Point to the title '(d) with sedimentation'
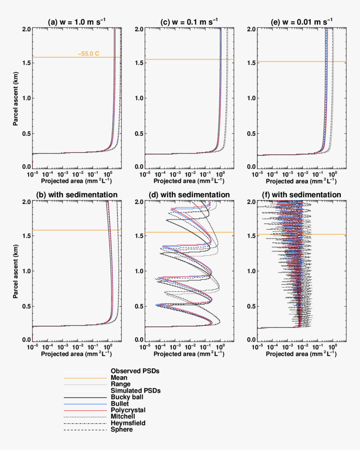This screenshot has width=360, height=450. click(189, 195)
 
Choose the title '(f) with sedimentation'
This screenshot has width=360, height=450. click(302, 195)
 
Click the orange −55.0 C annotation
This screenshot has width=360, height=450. click(88, 54)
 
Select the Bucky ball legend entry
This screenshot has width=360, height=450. click(125, 397)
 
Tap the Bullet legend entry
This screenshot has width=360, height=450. click(120, 403)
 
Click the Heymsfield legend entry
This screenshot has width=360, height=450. click(128, 423)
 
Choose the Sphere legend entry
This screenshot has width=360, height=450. click(122, 429)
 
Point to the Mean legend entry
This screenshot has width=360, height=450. click(119, 377)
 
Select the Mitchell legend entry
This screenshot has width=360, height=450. click(123, 416)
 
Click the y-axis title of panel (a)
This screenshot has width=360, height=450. click(15, 98)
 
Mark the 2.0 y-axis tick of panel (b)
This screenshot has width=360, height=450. click(26, 202)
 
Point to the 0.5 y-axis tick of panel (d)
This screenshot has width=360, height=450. click(139, 306)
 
